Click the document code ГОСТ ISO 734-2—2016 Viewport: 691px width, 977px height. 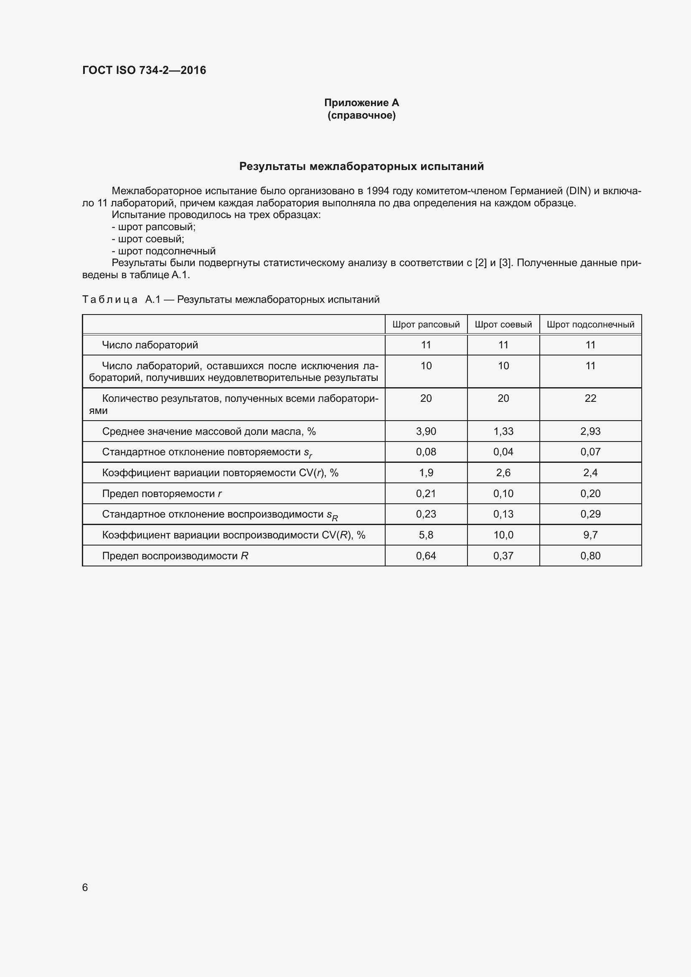(144, 70)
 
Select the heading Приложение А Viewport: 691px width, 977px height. (361, 103)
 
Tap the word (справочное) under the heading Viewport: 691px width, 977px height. (361, 115)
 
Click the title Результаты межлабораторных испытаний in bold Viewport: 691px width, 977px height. (361, 166)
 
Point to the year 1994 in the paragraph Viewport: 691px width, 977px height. (377, 191)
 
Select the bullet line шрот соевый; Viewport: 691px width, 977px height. (147, 239)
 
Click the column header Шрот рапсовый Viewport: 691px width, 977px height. (426, 325)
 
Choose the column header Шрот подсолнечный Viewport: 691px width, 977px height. (590, 325)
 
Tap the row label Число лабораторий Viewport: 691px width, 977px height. (150, 345)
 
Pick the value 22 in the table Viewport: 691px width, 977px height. (590, 398)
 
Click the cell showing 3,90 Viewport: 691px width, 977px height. (426, 431)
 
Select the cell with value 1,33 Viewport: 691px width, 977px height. (503, 431)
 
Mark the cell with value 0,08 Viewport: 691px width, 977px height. (426, 452)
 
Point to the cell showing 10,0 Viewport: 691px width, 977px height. (503, 535)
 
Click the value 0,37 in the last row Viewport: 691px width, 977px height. (503, 556)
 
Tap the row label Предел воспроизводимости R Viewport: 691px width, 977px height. (175, 556)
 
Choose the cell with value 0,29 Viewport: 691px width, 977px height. (590, 514)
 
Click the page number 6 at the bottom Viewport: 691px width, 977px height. (85, 887)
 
